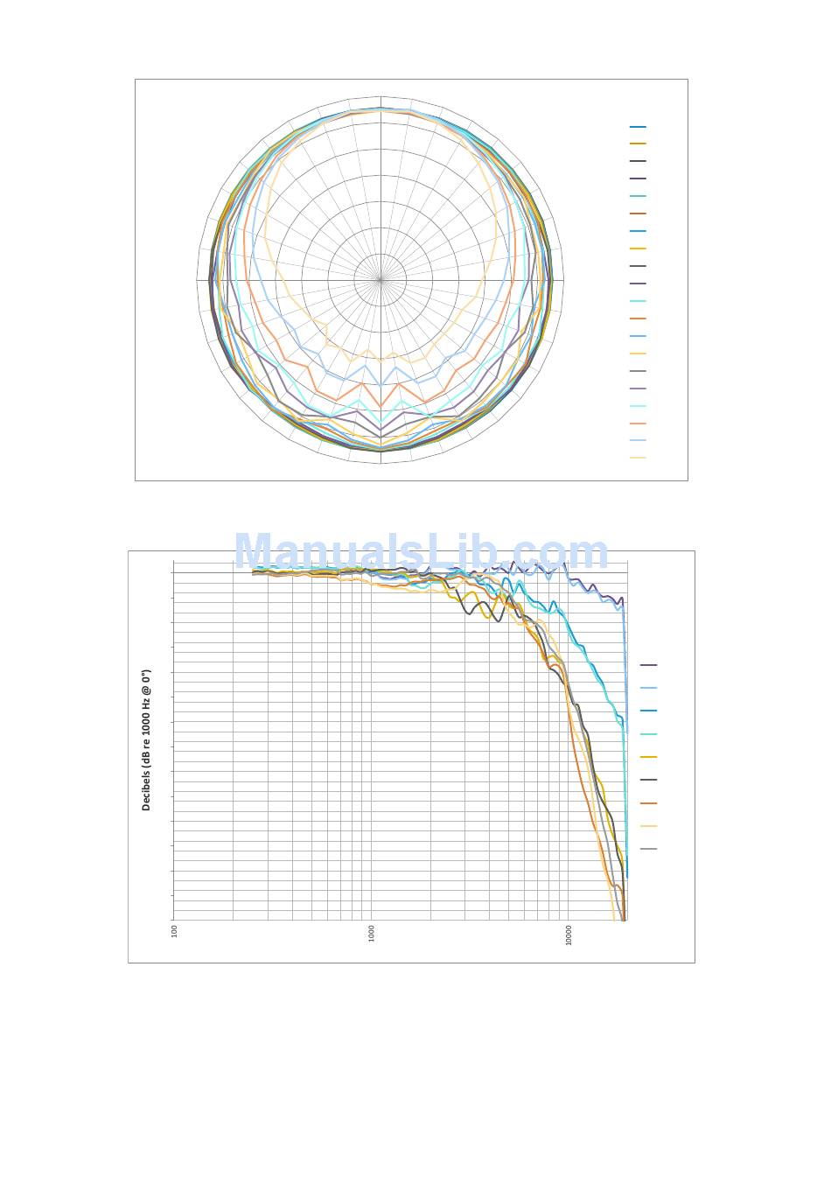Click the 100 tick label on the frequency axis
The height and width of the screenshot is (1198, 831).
[x=175, y=931]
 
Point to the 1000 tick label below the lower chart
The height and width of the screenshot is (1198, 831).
[x=372, y=933]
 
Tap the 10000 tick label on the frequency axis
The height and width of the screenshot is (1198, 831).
[x=569, y=935]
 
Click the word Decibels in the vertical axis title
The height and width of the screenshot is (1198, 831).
[x=146, y=789]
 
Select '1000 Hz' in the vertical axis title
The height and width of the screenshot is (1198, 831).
[x=146, y=718]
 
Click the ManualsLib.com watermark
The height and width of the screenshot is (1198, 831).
[x=421, y=553]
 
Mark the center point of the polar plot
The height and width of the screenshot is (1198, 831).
[x=381, y=280]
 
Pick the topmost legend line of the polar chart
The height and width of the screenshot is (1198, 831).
[x=638, y=127]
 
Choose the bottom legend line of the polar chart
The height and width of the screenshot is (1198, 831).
[x=638, y=458]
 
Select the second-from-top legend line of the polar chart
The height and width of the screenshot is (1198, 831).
[x=638, y=144]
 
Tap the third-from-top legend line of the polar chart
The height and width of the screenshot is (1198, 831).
[x=638, y=161]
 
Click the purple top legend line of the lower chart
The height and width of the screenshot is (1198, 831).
[x=648, y=665]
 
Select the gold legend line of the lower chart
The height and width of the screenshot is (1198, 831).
[x=648, y=757]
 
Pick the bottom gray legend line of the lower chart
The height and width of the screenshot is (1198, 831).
[x=648, y=849]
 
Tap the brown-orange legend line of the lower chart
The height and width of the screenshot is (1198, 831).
[x=648, y=803]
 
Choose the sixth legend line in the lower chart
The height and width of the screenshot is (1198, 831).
[x=648, y=780]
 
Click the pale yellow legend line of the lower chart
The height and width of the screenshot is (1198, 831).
[x=648, y=826]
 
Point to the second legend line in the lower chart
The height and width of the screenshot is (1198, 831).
[x=648, y=689]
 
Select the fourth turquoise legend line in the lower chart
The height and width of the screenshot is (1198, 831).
[x=648, y=734]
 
